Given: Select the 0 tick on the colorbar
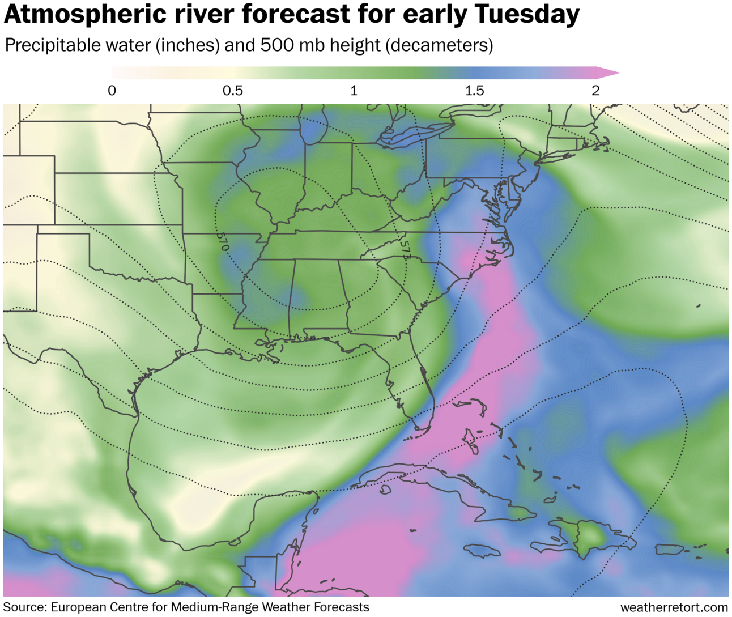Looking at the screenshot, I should tap(112, 91).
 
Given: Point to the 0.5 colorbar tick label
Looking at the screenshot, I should tap(232, 91).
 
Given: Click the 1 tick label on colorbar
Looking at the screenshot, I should tap(354, 91).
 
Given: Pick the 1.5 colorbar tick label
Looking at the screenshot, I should tap(474, 91).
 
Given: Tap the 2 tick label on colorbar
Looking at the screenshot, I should tap(595, 91).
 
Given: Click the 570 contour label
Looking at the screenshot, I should tap(222, 242).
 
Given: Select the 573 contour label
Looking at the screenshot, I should tap(405, 250).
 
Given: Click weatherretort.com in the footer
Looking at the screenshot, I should tap(674, 607).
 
